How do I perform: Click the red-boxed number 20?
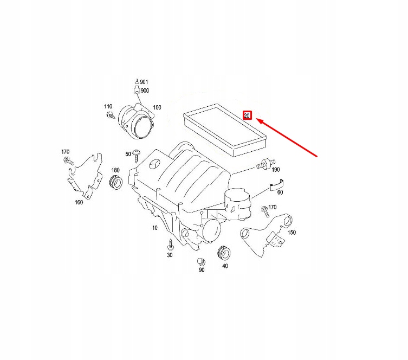247,115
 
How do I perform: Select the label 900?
145,91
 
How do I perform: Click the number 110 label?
108,106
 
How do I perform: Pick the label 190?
275,170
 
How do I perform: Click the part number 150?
292,233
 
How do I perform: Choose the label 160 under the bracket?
79,203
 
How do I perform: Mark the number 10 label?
154,228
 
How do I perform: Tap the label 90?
201,269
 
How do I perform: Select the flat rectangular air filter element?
224,131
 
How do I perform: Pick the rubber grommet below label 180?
115,183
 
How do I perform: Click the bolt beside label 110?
111,115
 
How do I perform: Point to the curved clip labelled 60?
276,187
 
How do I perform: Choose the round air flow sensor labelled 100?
138,118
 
